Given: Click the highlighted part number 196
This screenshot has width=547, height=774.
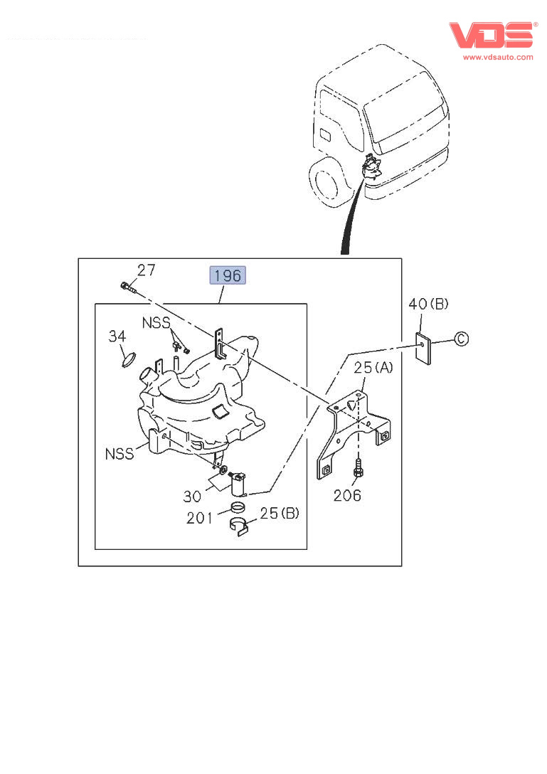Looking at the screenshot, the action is pos(228,275).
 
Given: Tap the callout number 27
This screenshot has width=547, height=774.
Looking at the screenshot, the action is pos(146,270).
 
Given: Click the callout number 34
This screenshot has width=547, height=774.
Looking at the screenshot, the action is pos(117,336).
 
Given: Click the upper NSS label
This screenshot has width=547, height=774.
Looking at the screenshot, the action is pos(156,323).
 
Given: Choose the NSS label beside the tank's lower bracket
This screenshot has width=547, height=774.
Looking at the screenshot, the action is pos(120,454).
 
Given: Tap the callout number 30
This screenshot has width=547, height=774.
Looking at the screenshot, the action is pos(192,496).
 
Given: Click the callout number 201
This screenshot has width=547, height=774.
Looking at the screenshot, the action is pos(199,518).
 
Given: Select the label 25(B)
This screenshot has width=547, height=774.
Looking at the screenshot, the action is pos(280,514).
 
